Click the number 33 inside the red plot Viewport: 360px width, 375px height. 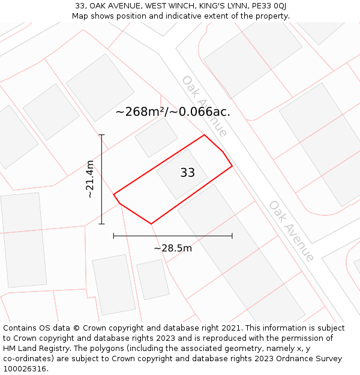pyautogui.click(x=187, y=173)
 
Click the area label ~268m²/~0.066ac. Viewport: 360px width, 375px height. pyautogui.click(x=173, y=112)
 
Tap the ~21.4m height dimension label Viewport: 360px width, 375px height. pyautogui.click(x=90, y=179)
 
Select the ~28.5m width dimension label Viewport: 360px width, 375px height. pyautogui.click(x=173, y=248)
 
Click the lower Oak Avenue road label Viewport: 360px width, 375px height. pyautogui.click(x=292, y=231)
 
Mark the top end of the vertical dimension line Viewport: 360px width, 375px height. pyautogui.click(x=101, y=135)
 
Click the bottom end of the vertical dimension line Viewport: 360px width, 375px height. pyautogui.click(x=101, y=224)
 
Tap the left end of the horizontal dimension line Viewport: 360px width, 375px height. pyautogui.click(x=114, y=236)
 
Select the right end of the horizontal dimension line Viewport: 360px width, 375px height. pyautogui.click(x=232, y=236)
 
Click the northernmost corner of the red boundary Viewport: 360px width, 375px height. pyautogui.click(x=205, y=135)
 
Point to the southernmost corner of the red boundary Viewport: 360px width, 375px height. pyautogui.click(x=151, y=224)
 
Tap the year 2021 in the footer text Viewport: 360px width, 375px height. pyautogui.click(x=232, y=328)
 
